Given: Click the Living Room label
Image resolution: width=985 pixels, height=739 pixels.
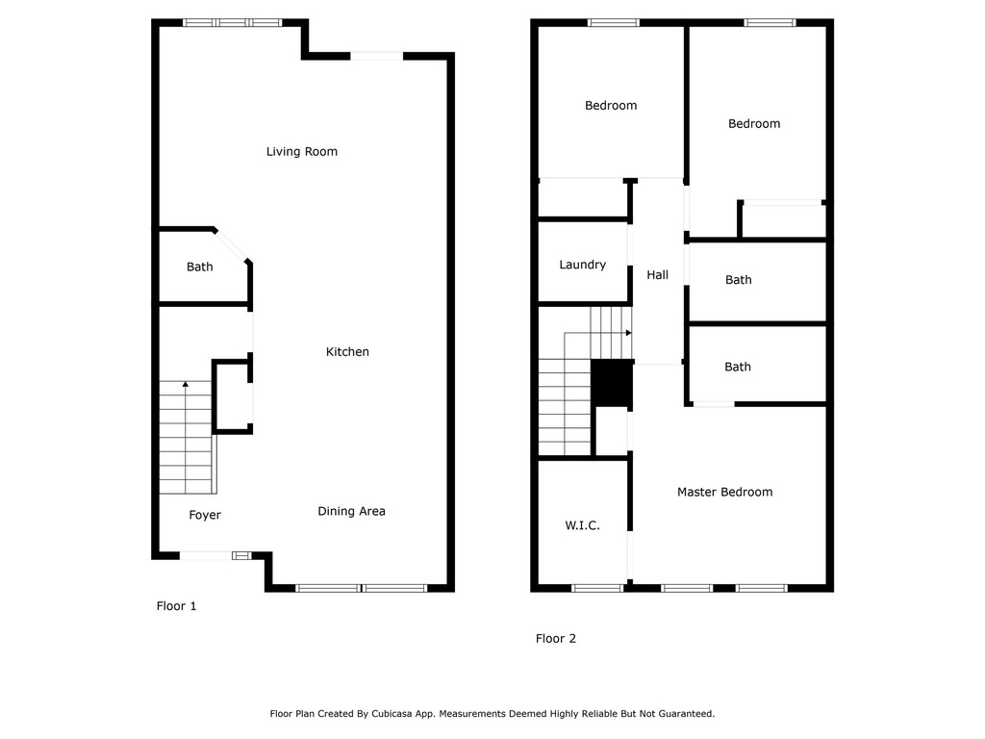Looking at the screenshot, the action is point(301,151).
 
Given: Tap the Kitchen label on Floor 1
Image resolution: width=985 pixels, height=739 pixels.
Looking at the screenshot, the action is point(347,352).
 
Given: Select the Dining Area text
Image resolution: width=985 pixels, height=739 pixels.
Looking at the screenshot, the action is point(351,512).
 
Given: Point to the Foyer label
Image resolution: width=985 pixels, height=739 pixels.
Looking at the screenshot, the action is point(205,516).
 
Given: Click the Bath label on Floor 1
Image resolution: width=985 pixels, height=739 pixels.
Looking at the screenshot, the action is point(200,268).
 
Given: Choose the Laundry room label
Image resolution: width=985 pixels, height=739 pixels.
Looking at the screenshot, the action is point(582,266).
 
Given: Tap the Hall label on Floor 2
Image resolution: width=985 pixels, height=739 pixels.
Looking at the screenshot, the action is point(658,274).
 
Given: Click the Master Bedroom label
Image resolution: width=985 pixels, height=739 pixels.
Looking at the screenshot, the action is point(725,492).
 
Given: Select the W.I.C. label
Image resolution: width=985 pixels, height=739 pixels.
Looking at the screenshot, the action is point(582,525).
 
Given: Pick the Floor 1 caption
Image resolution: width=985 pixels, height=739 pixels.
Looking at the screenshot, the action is point(177,606).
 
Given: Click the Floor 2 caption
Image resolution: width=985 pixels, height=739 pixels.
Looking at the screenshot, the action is point(556,639).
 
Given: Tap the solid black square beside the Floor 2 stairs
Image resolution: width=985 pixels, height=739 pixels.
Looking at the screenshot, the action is point(612,383).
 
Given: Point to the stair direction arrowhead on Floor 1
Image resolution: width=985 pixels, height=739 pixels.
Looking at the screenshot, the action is point(186,383).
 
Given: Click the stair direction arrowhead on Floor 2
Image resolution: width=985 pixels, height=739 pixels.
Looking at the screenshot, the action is point(629,333).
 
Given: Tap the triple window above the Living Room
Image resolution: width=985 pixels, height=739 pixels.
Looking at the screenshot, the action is point(233,23).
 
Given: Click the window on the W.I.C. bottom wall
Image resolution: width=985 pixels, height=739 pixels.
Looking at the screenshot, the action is point(596,588).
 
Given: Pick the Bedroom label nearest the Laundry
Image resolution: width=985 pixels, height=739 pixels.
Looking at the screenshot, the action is point(611,106).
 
